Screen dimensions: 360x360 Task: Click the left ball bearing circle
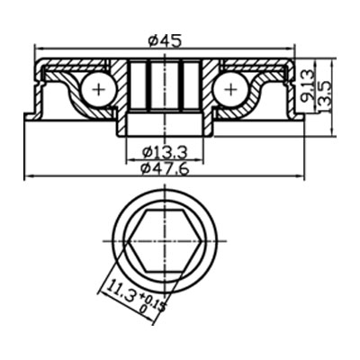pos(96,88)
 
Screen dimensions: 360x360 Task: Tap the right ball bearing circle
pos(230,88)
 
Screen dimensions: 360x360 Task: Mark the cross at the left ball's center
pos(96,88)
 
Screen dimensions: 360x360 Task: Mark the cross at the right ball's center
pos(230,88)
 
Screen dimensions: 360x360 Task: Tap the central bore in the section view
pos(164,90)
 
